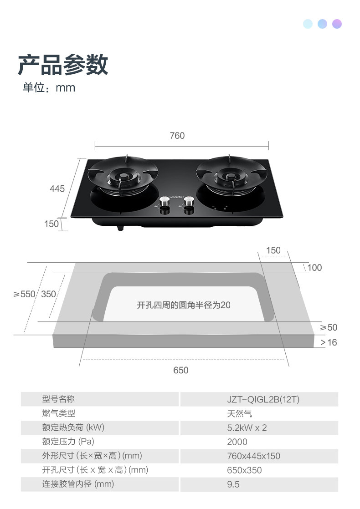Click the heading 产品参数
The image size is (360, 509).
[x=63, y=64]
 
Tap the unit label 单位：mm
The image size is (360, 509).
[x=49, y=87]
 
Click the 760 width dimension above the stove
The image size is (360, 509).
[x=177, y=136]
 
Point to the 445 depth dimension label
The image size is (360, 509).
[x=57, y=188]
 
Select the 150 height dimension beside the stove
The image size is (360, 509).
[x=51, y=224]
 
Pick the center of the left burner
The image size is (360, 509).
[x=123, y=177]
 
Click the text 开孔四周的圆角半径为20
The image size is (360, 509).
[x=184, y=305]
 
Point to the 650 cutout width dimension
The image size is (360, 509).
[x=181, y=370]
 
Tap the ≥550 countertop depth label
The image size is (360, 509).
[x=24, y=294]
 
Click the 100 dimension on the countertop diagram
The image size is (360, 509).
[x=314, y=268]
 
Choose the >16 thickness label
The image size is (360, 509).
[x=328, y=342]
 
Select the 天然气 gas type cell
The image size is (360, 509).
[x=240, y=414]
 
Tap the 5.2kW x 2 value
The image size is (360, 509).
[x=247, y=428]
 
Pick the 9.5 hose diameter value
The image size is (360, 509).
[x=233, y=484]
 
